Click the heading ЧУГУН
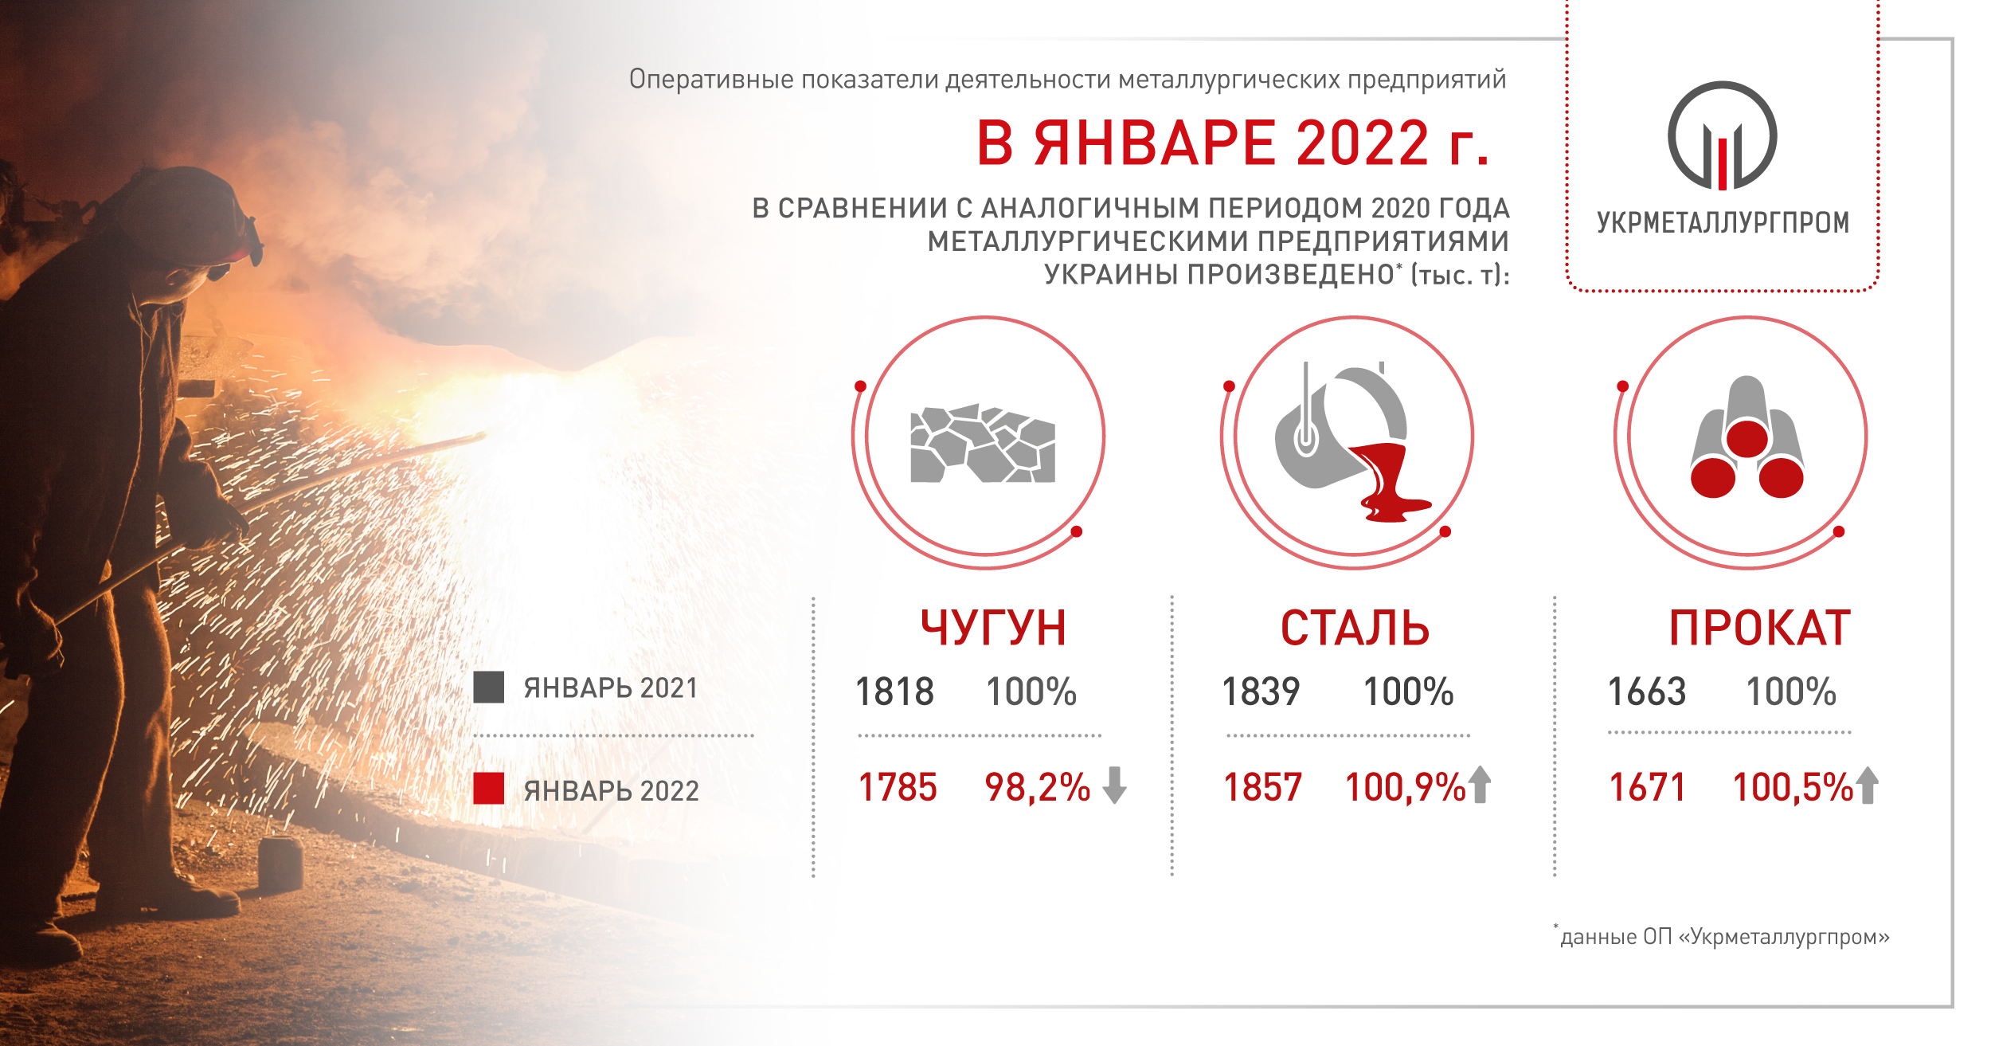(993, 628)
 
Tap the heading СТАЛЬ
(1355, 628)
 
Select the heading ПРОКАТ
(1760, 628)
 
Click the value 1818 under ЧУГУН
(894, 691)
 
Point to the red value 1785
(898, 787)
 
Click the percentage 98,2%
(1037, 787)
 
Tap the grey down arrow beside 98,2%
(1114, 785)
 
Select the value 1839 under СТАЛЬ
(1261, 691)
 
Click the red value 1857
(1262, 787)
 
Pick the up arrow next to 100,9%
(1480, 785)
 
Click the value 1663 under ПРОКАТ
(1647, 691)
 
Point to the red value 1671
(1647, 787)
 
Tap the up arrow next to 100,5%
(1868, 785)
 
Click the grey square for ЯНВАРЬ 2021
(488, 688)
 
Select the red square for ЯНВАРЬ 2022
(488, 789)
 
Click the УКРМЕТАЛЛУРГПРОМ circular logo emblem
(1723, 135)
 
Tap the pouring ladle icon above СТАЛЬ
(1353, 442)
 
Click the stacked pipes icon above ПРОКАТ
(1747, 437)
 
